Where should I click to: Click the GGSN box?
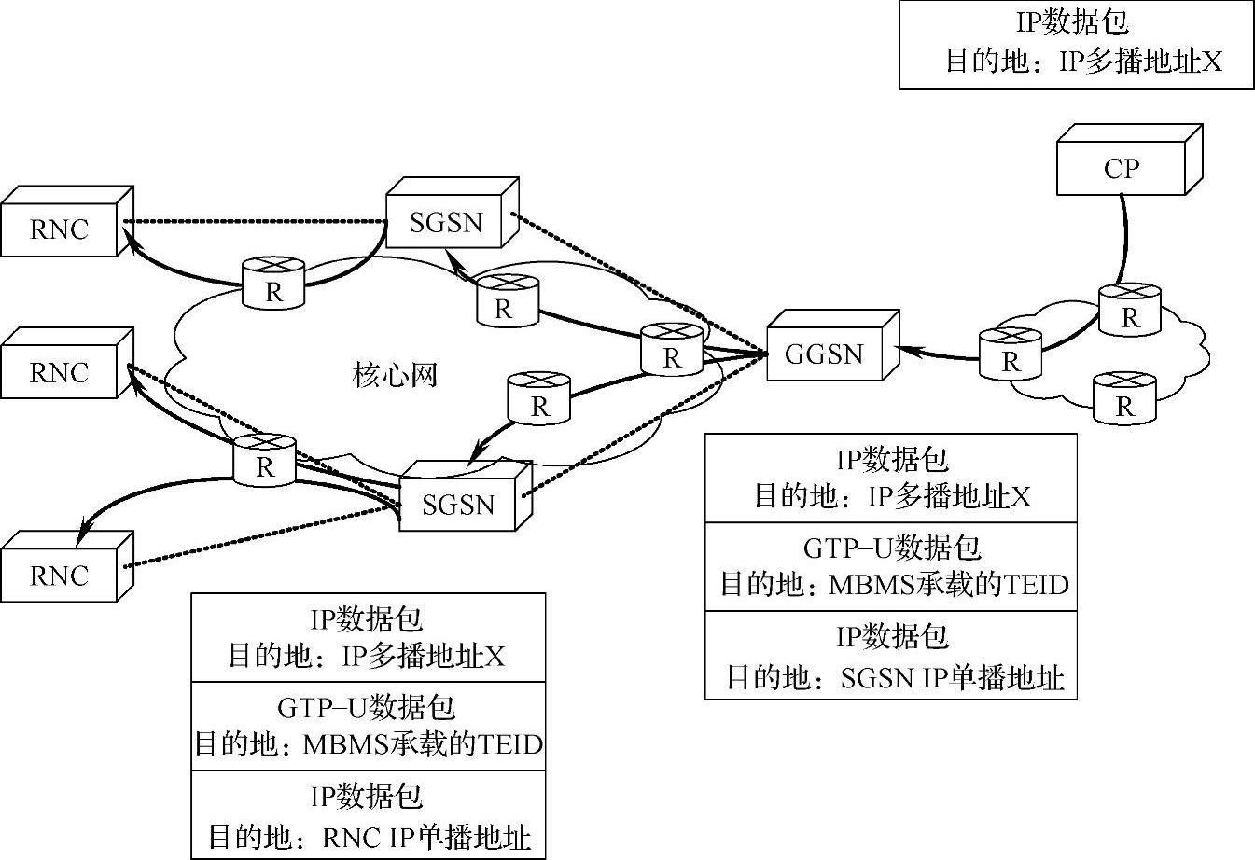click(x=824, y=354)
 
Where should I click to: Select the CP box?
click(x=1121, y=168)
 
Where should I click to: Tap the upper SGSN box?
click(x=446, y=222)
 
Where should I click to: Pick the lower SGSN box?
click(x=458, y=505)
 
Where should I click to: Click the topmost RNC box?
click(x=59, y=229)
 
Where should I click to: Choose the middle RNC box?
click(x=59, y=373)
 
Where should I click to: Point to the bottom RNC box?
click(x=59, y=576)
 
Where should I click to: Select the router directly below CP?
click(x=1130, y=310)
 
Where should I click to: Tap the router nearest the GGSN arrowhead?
click(x=1011, y=354)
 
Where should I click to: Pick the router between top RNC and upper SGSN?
click(x=273, y=283)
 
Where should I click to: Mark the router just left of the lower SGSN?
click(x=266, y=459)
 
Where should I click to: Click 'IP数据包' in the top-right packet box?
click(x=1072, y=23)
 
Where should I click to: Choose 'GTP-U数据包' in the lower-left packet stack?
click(x=367, y=707)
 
